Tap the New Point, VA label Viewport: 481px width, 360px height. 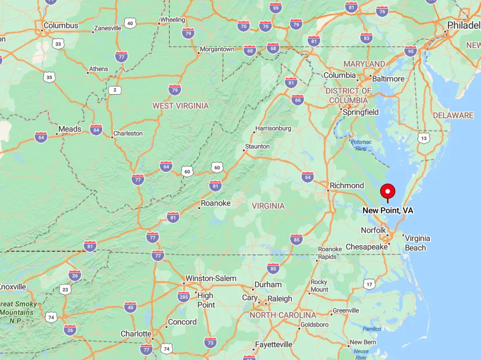click(x=388, y=210)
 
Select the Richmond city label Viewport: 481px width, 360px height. click(x=347, y=185)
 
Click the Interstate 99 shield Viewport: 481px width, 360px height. click(x=276, y=8)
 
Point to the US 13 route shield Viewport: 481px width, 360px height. click(x=424, y=138)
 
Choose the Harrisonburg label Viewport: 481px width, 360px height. click(x=273, y=128)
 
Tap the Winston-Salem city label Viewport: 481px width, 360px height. click(x=211, y=278)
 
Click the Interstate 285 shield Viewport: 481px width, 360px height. click(x=184, y=296)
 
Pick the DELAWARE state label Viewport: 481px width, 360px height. click(x=453, y=115)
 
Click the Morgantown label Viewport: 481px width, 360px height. click(x=217, y=49)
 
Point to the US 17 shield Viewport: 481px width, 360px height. click(x=370, y=284)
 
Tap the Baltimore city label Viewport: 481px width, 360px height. click(x=388, y=79)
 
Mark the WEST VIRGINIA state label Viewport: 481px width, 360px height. click(x=180, y=105)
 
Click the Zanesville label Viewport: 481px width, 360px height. click(x=108, y=28)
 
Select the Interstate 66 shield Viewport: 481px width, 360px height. click(x=297, y=100)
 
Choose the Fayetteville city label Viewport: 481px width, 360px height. click(x=274, y=344)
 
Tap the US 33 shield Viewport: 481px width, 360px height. click(x=58, y=43)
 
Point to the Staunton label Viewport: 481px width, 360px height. click(x=258, y=146)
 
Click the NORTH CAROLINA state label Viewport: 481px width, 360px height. click(x=283, y=315)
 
